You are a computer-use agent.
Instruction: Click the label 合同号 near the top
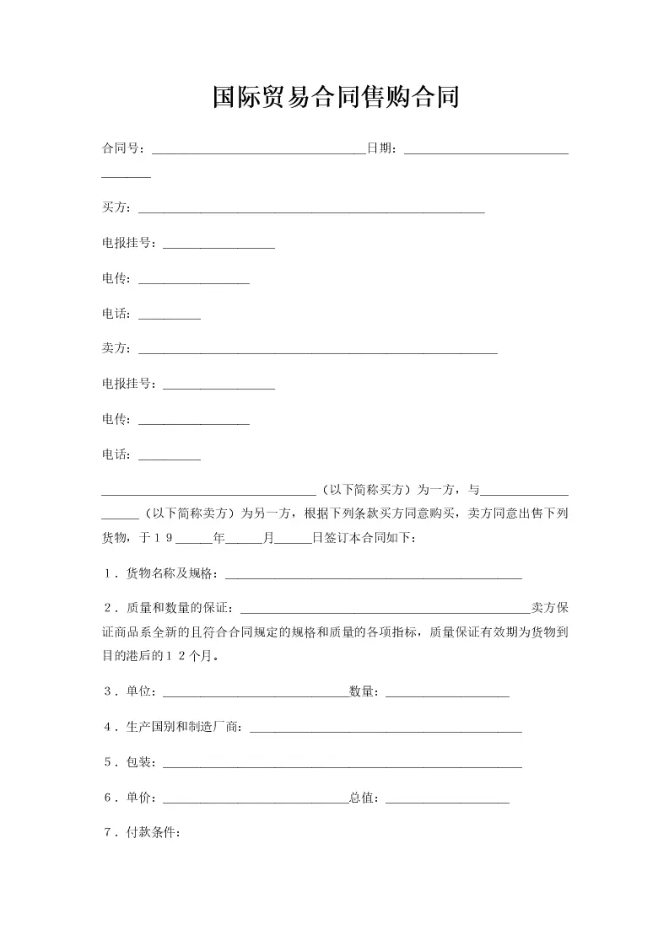121,149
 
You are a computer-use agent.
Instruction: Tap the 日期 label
379,149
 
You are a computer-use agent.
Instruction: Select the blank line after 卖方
317,350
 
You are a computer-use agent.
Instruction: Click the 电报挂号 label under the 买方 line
127,244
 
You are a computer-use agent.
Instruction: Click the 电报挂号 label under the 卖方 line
127,384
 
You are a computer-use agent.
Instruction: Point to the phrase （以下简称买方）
366,490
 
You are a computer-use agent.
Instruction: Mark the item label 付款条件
152,833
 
